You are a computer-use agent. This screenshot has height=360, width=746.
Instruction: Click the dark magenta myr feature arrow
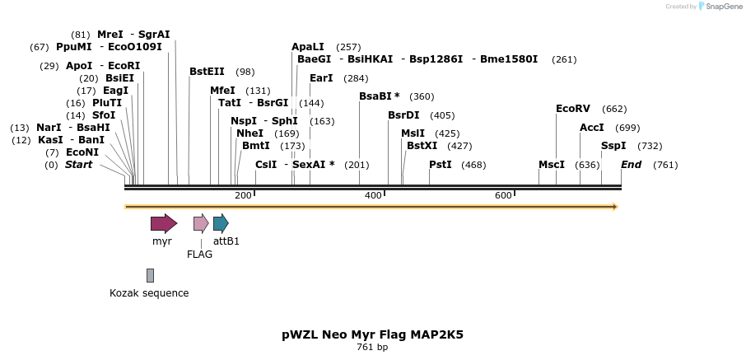point(163,223)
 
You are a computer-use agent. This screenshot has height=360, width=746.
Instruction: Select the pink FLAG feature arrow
point(200,223)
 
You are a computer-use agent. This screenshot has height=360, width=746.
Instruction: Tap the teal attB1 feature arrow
point(220,223)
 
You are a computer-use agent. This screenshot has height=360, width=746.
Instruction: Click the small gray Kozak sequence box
point(150,275)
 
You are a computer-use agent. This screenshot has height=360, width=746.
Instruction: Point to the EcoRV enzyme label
point(573,109)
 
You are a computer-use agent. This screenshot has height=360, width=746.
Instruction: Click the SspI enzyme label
point(613,146)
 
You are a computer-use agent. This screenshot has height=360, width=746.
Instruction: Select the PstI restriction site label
point(441,165)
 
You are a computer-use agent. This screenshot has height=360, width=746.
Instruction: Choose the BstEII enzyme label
point(207,72)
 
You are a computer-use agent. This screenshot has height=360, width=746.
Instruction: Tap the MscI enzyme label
point(552,165)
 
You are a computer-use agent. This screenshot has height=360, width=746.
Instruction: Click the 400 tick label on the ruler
point(373,195)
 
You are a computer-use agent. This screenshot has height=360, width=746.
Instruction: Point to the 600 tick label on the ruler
point(503,195)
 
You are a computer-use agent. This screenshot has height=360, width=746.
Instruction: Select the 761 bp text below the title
point(372,348)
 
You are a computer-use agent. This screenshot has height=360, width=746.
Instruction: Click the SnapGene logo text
point(722,7)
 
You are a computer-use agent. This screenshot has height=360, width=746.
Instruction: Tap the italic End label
point(631,165)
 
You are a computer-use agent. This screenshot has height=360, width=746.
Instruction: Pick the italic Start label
point(78,165)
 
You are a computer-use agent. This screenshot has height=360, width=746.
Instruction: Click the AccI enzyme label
point(592,128)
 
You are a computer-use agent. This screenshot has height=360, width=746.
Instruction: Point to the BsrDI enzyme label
point(403,115)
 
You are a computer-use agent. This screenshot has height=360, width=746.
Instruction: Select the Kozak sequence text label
point(149,293)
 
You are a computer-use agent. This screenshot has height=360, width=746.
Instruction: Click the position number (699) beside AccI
point(627,128)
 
